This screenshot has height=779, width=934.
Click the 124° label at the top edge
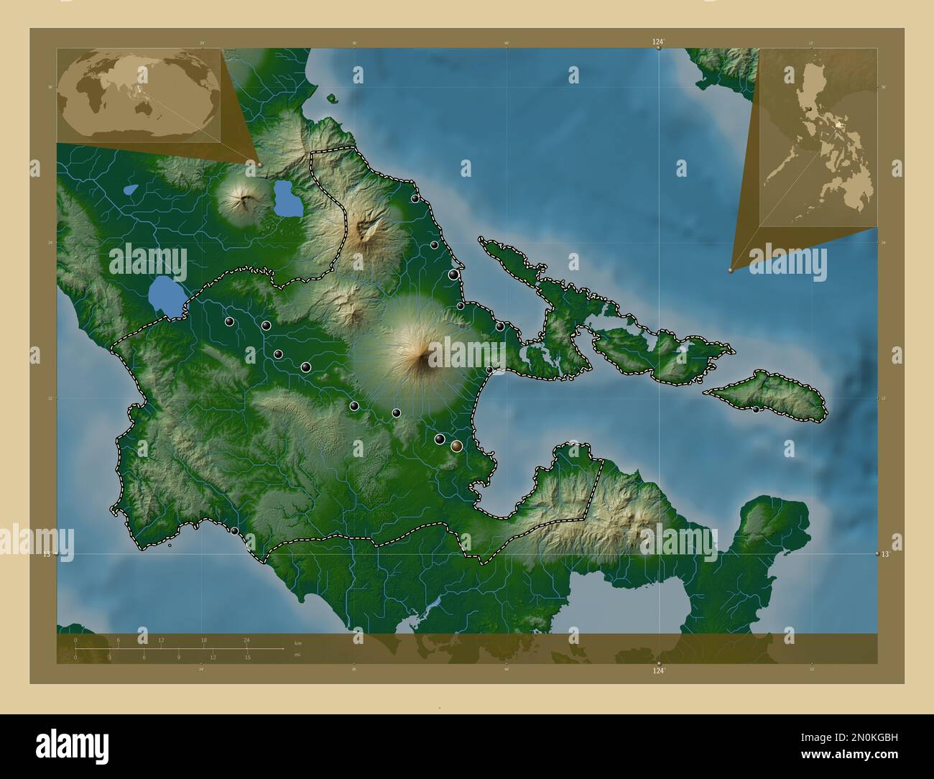658,42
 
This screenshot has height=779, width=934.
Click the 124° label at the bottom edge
658,670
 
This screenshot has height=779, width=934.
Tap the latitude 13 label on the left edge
47,554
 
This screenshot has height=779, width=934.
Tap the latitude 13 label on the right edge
886,554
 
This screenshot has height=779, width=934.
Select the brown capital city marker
456,446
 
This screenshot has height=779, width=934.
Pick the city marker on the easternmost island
756,409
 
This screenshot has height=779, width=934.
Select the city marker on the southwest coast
234,531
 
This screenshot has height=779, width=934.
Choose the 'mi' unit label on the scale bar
297,655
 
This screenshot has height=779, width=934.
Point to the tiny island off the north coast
331,98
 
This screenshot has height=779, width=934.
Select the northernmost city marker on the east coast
415,198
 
